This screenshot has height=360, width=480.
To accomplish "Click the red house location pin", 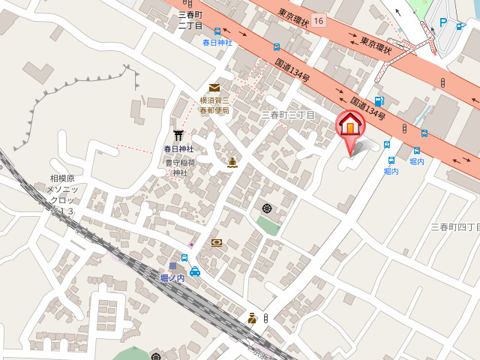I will coord(350,126).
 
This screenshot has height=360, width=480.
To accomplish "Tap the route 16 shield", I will coord(320,20).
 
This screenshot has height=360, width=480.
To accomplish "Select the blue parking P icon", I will coord(442,22).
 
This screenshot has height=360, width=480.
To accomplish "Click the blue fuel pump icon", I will coord(379,101).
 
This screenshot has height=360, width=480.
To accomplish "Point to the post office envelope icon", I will coord(214,88).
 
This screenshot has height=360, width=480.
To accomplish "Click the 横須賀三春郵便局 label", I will coord(214,106).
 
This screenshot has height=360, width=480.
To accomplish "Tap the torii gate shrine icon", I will coord(178,136).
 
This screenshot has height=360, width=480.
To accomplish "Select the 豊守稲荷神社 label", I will coord(181,167).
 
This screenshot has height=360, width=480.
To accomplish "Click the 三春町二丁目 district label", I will coord(190,20).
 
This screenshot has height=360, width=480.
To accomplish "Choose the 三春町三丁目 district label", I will coord(287,115).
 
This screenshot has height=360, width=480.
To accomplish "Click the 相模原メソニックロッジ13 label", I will coord(61,195).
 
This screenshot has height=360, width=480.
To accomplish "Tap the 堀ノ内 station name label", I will coord(173,277).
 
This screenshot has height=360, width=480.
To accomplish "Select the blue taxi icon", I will coord(195,271).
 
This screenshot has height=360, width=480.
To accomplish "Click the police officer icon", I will coord(253,318).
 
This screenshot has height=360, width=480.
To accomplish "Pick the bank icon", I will coord(217,242).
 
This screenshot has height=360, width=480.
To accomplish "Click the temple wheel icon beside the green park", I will coord(267,208).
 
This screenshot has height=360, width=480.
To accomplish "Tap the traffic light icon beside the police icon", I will coord(265,319).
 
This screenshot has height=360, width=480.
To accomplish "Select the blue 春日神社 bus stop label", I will coord(217,43).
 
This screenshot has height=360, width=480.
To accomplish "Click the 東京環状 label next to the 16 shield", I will coord(294,13).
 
